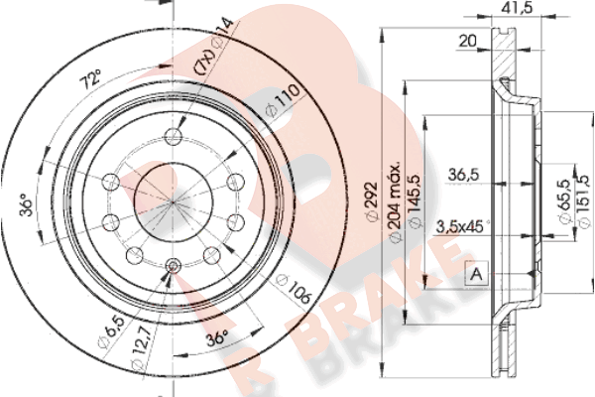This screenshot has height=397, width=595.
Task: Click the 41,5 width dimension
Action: [x=518, y=7]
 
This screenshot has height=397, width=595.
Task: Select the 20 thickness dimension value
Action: [x=467, y=41]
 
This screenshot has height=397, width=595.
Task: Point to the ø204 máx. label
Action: [x=395, y=202]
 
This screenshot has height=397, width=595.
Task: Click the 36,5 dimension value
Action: [x=464, y=175]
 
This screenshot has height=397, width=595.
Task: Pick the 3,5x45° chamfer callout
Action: [x=461, y=227]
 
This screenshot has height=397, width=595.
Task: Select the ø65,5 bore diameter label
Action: [x=564, y=201]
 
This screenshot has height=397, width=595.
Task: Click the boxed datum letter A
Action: [x=477, y=273]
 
